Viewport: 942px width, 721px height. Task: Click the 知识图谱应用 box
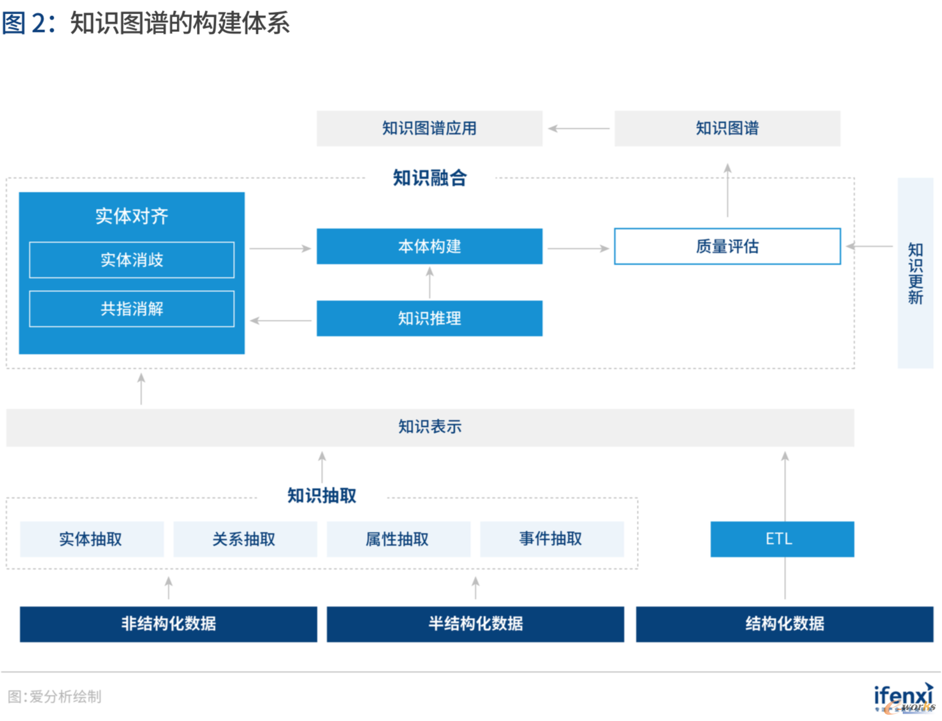(x=429, y=129)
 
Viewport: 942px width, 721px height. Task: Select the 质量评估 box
(x=727, y=247)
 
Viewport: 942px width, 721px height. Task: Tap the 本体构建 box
(x=429, y=247)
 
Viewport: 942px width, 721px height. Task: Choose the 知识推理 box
(x=429, y=319)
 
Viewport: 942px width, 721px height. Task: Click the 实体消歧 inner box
(x=132, y=260)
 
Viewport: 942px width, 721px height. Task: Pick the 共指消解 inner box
(x=132, y=309)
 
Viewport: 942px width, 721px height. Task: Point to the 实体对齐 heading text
(x=132, y=216)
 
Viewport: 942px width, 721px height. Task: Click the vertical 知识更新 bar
(x=916, y=273)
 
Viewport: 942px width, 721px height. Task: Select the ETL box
(x=782, y=539)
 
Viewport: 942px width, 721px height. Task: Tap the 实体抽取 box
(x=92, y=539)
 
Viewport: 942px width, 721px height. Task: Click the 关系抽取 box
(x=245, y=539)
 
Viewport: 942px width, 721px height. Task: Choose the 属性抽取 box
(x=399, y=539)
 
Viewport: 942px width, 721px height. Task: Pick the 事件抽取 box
(x=552, y=539)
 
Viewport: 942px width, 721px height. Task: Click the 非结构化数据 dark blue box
(x=168, y=624)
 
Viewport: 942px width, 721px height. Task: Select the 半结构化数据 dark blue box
(x=475, y=624)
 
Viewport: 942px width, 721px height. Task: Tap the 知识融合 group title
(x=429, y=177)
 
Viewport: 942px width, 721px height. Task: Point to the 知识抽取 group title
(x=322, y=496)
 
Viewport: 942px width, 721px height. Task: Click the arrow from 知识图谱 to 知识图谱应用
(x=579, y=129)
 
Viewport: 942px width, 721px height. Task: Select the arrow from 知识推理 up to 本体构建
(x=429, y=283)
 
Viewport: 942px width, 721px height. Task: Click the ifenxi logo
(x=904, y=698)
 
